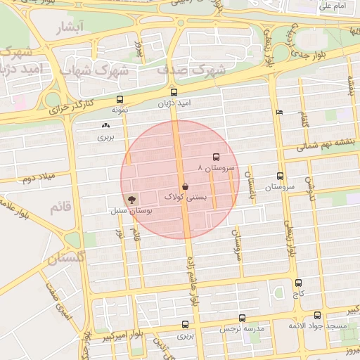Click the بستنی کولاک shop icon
[184, 186]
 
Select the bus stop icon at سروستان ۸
[216, 157]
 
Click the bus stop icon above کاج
[298, 283]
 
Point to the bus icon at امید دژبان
[174, 92]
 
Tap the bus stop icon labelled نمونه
[120, 99]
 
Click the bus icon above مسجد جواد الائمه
[317, 316]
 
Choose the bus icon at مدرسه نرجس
[242, 318]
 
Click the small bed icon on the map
[280, 112]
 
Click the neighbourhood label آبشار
[69, 27]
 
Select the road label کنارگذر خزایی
[71, 108]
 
